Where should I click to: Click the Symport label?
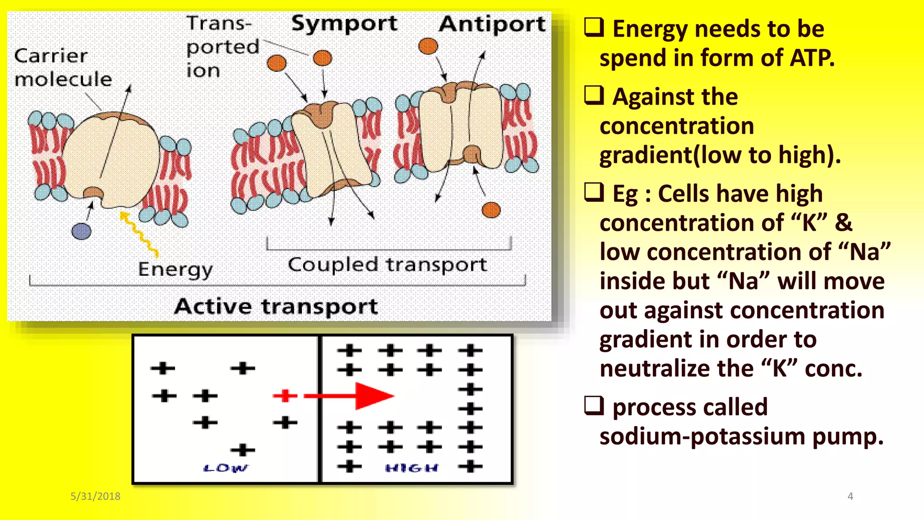[x=344, y=24]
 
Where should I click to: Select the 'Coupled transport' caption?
[x=387, y=265]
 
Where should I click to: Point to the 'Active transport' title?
[x=276, y=306]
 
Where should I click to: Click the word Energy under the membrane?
[x=175, y=269]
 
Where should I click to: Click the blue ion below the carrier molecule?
[x=81, y=231]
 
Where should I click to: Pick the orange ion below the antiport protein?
[x=491, y=210]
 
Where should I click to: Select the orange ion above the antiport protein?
[x=428, y=46]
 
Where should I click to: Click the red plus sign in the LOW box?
[x=285, y=396]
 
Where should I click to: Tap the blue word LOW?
[x=225, y=468]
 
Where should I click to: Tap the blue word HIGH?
[x=411, y=468]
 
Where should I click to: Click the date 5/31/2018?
[x=95, y=496]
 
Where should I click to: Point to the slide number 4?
[x=850, y=496]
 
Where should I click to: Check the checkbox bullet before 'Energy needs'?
[x=594, y=27]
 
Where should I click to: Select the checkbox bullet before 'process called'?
[x=594, y=405]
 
